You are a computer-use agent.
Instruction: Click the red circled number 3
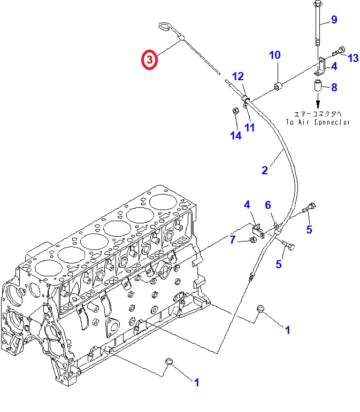pos(149,60)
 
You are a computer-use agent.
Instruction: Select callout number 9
pos(334,20)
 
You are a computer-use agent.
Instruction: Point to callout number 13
pos(353,58)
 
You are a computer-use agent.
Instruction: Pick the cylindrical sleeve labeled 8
pos(317,85)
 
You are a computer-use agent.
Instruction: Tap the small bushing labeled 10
pos(279,85)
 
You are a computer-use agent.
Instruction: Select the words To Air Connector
pos(317,122)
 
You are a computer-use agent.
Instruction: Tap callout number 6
pos(268,205)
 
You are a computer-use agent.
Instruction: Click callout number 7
pos(233,240)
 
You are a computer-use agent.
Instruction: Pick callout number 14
pos(235,136)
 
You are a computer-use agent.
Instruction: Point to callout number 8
pos(334,87)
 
